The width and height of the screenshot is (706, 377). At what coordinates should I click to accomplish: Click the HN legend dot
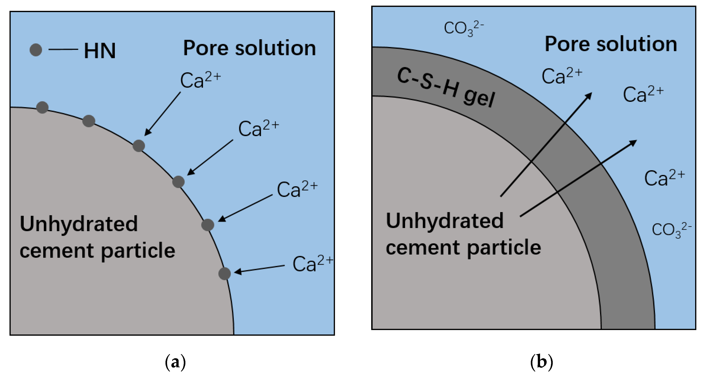[36, 50]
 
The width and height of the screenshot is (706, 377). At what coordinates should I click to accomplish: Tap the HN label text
[100, 51]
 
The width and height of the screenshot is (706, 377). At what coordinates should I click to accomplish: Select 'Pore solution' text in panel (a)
[249, 48]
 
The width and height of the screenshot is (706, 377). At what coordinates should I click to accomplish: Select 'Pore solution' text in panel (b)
[611, 44]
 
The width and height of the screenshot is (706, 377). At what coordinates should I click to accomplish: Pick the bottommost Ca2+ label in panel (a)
[312, 264]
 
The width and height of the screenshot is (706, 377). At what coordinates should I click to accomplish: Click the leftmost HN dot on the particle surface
[43, 107]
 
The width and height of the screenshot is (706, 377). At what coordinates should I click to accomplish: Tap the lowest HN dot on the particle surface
[224, 274]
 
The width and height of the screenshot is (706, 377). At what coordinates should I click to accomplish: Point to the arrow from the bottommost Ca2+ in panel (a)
[259, 269]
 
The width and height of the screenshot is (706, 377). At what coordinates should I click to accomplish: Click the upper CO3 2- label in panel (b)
[464, 28]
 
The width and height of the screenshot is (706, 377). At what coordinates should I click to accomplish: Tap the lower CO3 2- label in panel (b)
[671, 230]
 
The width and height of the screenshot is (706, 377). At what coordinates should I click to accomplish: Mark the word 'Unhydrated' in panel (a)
[79, 224]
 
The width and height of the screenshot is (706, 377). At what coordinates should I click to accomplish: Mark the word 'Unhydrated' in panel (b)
[444, 221]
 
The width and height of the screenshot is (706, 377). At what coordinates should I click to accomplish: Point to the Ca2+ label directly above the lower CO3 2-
[664, 178]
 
